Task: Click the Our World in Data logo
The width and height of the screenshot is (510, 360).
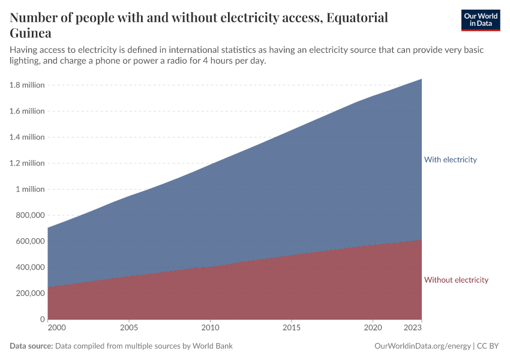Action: pos(480,20)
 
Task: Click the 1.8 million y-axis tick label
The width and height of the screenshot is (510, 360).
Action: pos(27,85)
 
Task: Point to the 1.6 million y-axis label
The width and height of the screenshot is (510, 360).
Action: pos(27,111)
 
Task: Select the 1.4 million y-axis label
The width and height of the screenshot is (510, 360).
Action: pos(27,137)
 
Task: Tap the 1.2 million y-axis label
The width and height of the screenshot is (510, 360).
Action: pos(27,163)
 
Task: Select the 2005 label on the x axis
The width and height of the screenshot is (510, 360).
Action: pos(129,328)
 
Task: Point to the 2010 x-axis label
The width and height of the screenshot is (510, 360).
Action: pos(210,328)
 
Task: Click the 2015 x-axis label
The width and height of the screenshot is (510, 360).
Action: pos(291,328)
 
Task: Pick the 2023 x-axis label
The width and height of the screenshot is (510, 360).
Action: pos(413,328)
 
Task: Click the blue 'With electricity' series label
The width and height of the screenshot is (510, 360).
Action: pos(450,160)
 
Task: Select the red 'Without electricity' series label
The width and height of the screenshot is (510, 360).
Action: pos(456,280)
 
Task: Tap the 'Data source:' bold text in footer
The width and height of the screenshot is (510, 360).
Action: pos(32,346)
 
